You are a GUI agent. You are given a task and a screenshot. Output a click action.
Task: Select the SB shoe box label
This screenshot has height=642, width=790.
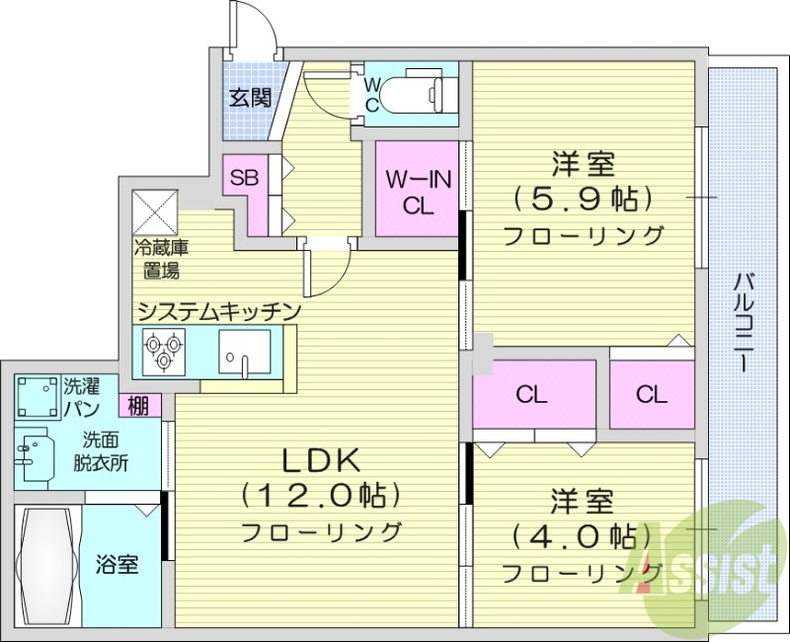(244, 178)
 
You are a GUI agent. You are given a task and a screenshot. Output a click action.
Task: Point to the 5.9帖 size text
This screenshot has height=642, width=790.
(583, 199)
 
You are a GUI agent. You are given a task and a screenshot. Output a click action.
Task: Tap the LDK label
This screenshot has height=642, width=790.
(323, 459)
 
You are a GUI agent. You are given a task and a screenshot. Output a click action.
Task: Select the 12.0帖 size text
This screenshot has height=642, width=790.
(322, 495)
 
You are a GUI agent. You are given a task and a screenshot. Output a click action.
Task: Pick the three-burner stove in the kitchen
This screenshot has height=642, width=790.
(162, 349)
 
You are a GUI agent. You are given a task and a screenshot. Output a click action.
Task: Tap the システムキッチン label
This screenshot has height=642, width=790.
(218, 311)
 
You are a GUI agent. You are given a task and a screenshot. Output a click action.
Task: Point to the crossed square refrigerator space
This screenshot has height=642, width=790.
(155, 208)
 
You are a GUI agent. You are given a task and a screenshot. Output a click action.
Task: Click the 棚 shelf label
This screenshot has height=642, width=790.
(136, 405)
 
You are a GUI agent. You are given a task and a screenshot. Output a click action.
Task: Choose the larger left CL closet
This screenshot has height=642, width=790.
(532, 395)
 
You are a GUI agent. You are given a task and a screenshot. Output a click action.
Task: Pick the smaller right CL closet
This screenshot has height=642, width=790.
(651, 395)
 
